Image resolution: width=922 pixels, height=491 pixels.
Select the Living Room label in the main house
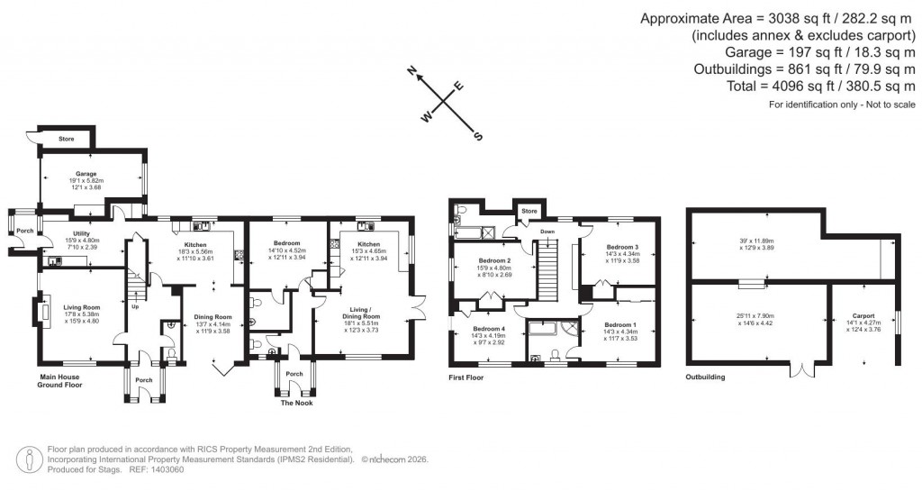click(x=81, y=307)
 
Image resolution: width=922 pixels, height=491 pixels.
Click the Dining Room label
click(x=212, y=316)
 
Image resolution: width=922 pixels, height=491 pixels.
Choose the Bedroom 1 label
click(x=620, y=324)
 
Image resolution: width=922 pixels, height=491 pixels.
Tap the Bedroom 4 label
click(x=489, y=329)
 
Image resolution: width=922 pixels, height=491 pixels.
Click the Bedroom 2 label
click(x=494, y=261)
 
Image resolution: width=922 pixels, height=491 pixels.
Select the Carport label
click(x=863, y=316)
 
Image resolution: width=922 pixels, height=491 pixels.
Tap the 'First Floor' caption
click(x=466, y=377)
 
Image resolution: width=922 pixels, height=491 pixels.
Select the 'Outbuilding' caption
click(x=705, y=377)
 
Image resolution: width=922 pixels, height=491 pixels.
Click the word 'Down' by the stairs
click(x=547, y=232)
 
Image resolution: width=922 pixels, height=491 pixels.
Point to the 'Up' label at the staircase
click(x=135, y=305)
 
